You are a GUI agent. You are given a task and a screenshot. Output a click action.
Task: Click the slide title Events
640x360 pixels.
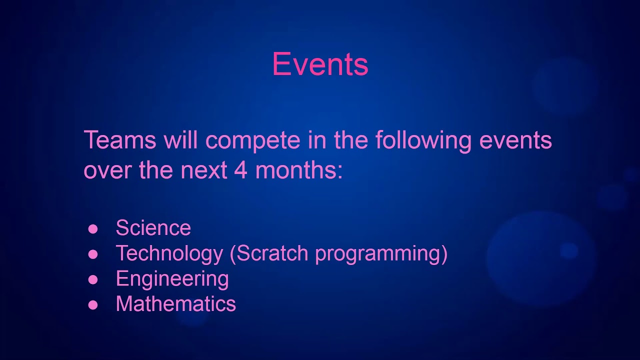pos(320,64)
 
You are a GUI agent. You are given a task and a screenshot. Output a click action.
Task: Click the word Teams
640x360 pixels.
pos(120,140)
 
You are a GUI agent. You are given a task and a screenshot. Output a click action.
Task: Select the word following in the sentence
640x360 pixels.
pos(423,141)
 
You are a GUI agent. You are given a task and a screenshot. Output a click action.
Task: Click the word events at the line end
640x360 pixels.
pos(515,141)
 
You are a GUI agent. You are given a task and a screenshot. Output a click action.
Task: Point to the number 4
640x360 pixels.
pos(240,170)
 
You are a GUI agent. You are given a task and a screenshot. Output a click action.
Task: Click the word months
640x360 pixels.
pos(298,170)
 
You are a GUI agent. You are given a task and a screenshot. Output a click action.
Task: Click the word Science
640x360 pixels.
pos(153,228)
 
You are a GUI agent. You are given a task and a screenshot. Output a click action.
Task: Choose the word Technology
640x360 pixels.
pos(169,254)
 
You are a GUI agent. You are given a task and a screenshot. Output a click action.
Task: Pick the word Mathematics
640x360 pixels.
pos(175,304)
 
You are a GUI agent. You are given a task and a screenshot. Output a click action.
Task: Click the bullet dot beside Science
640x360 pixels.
pos(93,229)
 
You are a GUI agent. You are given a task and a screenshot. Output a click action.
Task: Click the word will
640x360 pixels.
pos(181,140)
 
